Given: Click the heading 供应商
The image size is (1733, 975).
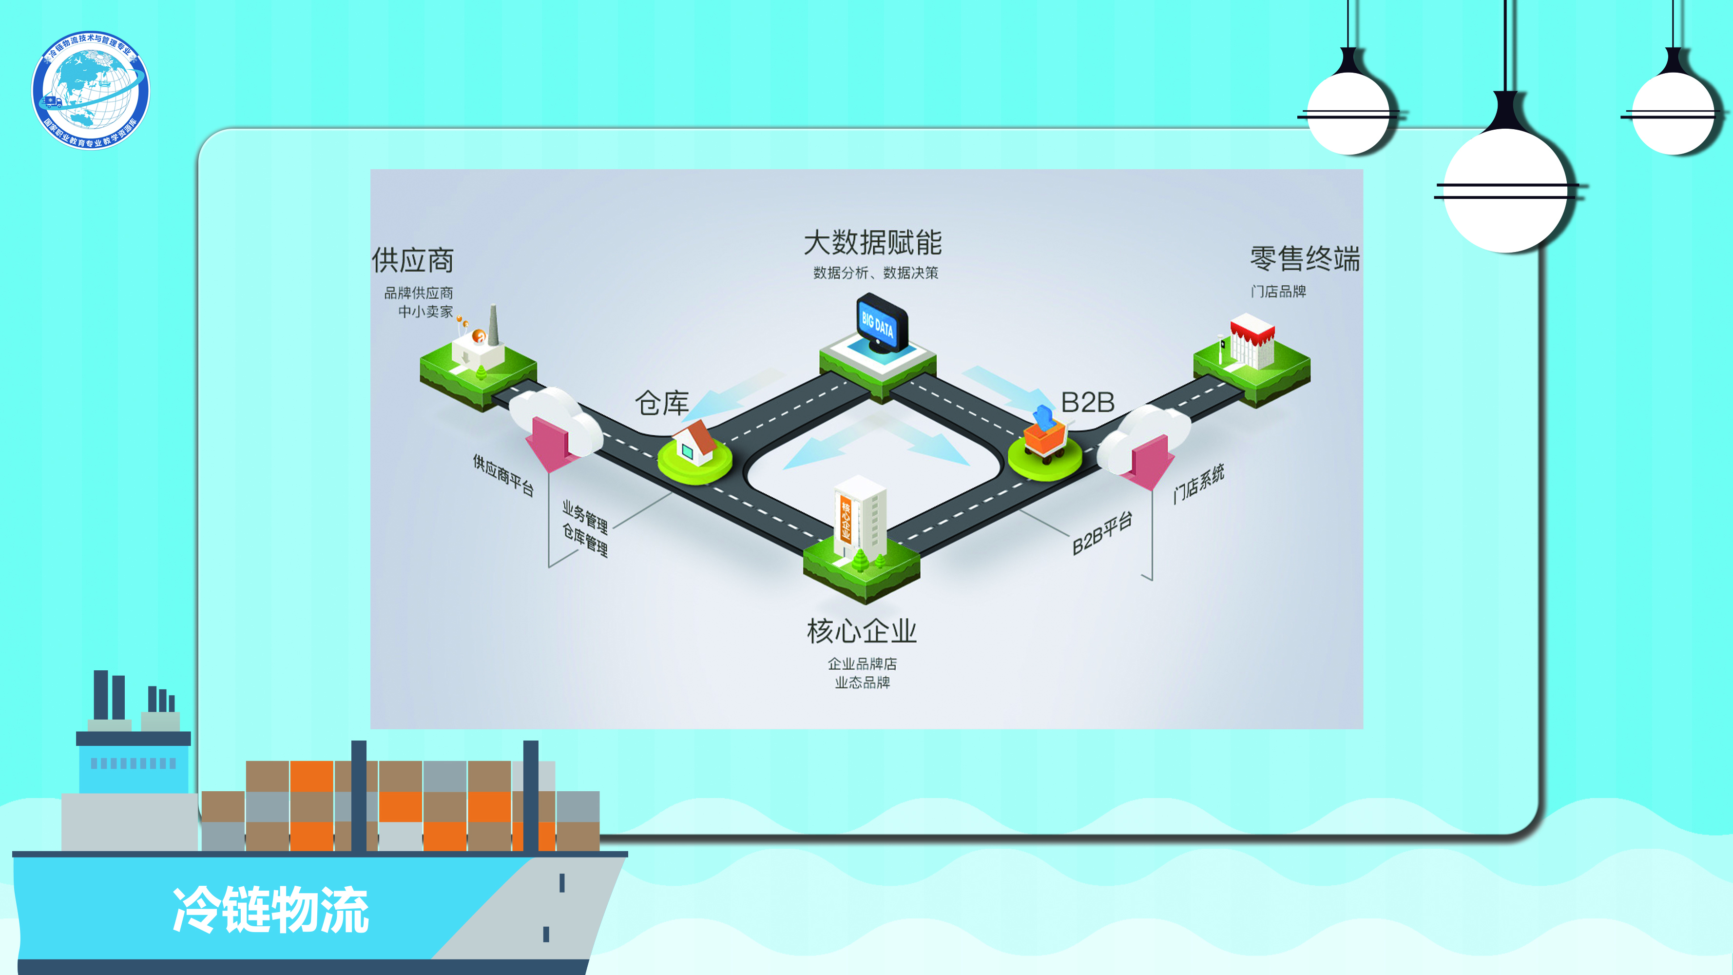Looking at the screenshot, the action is coord(413,260).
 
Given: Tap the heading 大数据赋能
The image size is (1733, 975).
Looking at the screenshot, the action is coord(872,243).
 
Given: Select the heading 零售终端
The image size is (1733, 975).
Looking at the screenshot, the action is coord(1305,259).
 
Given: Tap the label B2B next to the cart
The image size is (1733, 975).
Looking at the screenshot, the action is coord(1087,402).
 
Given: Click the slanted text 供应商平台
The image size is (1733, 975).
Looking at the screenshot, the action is coord(503,475).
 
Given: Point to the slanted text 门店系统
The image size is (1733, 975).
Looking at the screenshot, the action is coord(1198,483).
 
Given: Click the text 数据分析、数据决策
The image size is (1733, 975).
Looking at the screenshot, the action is coord(875,273).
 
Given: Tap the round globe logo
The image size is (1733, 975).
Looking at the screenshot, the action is coord(91,90).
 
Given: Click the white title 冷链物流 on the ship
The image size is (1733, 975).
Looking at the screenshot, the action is coord(271,910).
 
